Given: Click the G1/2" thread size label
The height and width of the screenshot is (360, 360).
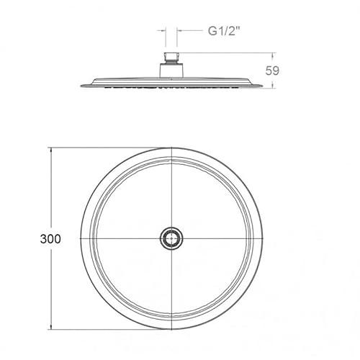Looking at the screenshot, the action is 224,31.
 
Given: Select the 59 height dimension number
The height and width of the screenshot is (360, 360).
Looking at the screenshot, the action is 272,71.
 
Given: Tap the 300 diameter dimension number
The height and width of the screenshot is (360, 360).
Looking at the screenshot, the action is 50,239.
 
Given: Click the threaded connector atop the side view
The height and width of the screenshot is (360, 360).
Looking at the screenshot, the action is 171,58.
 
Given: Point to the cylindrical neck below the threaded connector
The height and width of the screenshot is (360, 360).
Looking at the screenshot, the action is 171,71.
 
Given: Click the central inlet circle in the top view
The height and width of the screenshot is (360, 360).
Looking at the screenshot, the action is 171,238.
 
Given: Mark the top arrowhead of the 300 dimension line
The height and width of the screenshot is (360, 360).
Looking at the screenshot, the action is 51,150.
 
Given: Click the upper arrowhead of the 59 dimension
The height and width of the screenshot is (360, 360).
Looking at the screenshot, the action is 272,56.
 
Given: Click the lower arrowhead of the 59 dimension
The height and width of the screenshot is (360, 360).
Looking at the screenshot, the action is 272,85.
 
